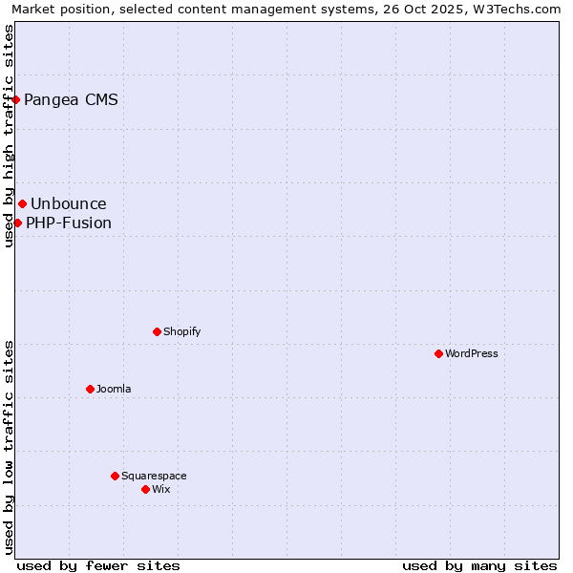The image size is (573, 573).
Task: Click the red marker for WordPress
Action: [438, 353]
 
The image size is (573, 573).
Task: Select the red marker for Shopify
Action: [157, 331]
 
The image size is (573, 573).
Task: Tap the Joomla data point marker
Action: [90, 389]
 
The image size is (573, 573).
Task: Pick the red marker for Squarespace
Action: [115, 476]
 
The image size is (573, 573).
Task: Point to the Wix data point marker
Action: [145, 489]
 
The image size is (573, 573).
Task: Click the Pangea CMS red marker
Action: [15, 99]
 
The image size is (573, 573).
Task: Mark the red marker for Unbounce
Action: [22, 203]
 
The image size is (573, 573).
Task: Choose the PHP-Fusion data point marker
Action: [17, 223]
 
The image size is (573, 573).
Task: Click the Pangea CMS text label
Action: [71, 99]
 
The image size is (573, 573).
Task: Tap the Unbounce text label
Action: [69, 203]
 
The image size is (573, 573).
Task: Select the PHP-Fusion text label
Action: [69, 223]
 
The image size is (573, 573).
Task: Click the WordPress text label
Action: [472, 353]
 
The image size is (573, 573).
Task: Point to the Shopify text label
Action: [181, 331]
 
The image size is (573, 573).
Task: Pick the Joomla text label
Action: [114, 389]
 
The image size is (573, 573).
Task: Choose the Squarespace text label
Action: [154, 476]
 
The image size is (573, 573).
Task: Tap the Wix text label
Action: [160, 489]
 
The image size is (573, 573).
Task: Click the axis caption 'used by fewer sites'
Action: [98, 565]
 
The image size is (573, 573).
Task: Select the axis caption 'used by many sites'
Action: [479, 565]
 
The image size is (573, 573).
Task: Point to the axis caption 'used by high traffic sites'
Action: [10, 136]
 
